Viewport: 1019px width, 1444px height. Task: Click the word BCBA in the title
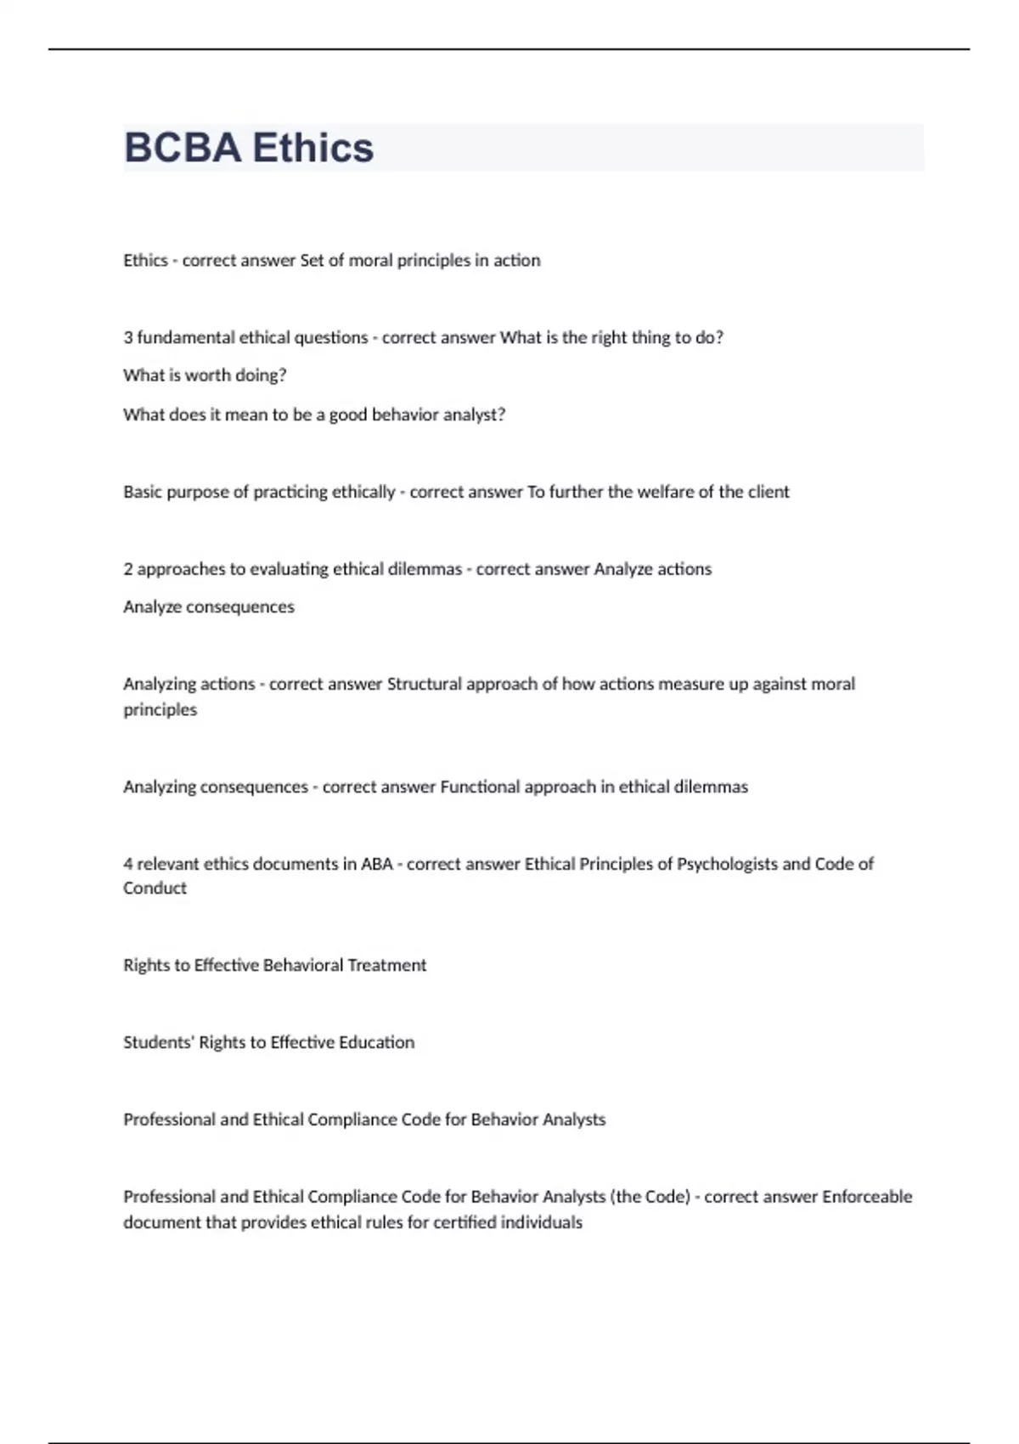[183, 148]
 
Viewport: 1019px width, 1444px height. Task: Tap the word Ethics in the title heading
[312, 148]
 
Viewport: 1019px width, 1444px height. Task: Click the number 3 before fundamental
[128, 337]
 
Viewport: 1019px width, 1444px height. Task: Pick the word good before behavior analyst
[348, 415]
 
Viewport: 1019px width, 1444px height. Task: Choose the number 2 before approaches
[128, 569]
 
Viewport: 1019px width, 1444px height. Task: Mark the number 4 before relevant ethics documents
[128, 864]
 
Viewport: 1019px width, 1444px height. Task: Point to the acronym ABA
[377, 864]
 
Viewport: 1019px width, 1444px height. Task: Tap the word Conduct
[155, 888]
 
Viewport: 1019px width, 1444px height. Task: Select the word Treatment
[387, 965]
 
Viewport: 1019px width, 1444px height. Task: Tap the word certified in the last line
[464, 1222]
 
